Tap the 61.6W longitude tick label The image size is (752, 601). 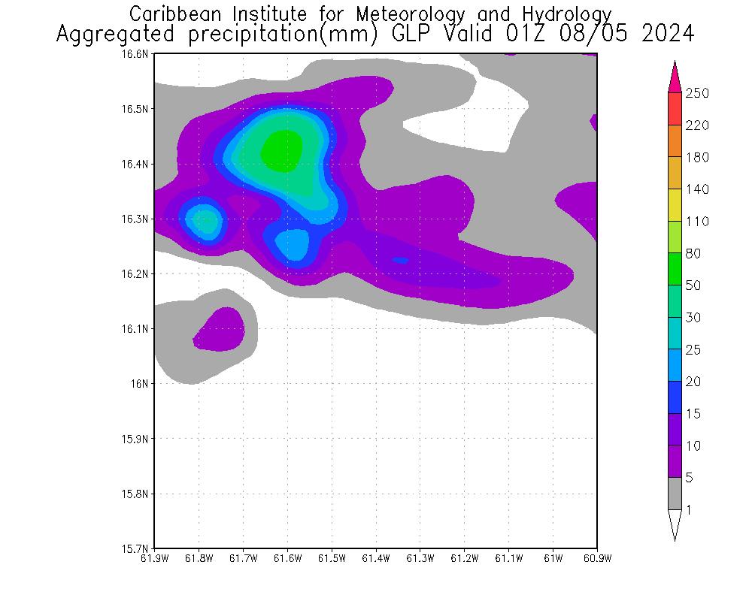point(287,558)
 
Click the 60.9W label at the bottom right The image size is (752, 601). point(597,558)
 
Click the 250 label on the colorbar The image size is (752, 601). point(697,93)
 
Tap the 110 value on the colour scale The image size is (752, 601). point(697,221)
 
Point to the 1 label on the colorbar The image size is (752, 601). point(689,510)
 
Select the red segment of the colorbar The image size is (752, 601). point(675,109)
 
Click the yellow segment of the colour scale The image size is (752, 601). point(675,205)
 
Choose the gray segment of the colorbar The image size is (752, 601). point(675,494)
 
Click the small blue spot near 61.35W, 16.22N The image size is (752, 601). point(400,260)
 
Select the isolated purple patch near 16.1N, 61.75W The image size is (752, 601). point(220,329)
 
